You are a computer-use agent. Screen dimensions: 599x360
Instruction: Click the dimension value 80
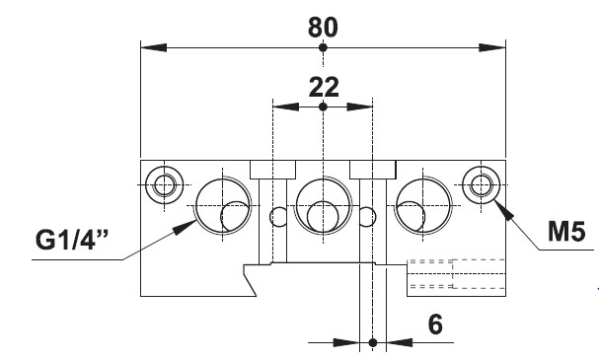click(323, 28)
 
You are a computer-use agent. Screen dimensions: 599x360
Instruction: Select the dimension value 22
click(324, 88)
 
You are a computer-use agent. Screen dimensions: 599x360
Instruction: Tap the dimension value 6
click(435, 324)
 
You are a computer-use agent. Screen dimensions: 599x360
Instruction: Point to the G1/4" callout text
click(72, 240)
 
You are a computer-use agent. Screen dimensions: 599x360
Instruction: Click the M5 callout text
click(566, 231)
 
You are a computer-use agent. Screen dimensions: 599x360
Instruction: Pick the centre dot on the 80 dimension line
click(324, 47)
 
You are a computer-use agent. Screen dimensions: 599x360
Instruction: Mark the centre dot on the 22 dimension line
click(324, 107)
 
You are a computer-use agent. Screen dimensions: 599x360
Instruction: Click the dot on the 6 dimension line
click(373, 342)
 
